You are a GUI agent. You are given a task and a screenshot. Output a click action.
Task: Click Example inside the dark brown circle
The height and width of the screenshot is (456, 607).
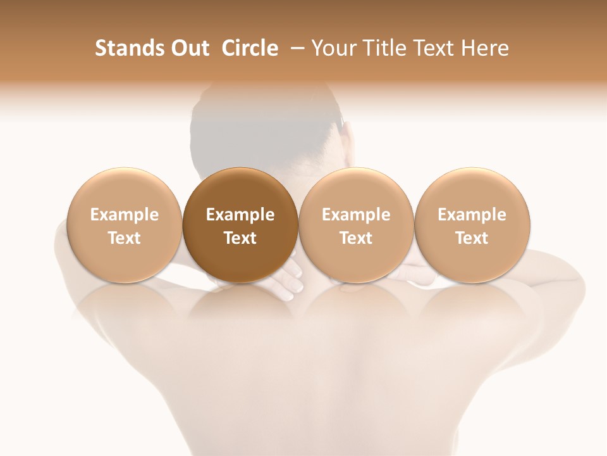[240, 215]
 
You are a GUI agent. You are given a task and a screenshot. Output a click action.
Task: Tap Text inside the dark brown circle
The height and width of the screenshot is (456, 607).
[240, 238]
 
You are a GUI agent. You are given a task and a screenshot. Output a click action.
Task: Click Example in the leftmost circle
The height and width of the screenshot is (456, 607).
[124, 215]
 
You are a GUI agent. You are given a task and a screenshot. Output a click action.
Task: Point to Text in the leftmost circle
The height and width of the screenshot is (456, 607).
[124, 238]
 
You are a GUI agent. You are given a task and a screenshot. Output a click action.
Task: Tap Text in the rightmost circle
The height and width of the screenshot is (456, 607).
[472, 238]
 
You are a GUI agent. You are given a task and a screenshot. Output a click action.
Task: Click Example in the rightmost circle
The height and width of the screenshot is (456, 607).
[472, 215]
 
